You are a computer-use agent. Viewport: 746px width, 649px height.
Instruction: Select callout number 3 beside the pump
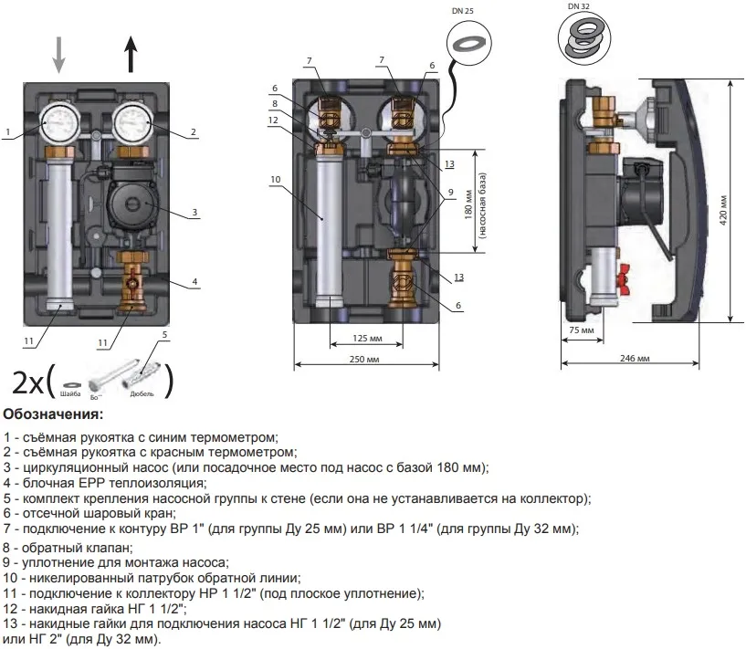click(194, 213)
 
